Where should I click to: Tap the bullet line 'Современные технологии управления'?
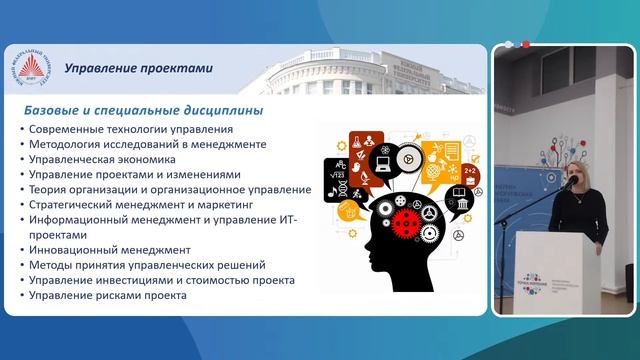[131, 129]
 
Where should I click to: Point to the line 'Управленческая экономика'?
[103, 159]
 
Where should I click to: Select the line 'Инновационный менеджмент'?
[109, 249]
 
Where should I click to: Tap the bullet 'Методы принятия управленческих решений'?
[147, 265]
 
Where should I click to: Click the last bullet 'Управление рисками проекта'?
[109, 295]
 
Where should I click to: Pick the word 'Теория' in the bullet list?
[50, 189]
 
